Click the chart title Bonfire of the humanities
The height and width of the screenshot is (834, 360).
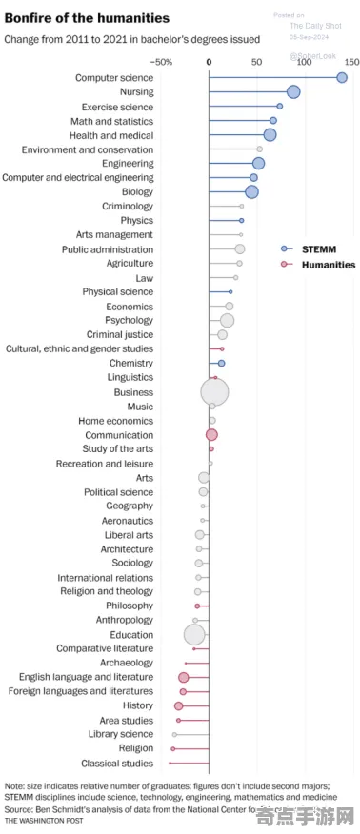point(87,18)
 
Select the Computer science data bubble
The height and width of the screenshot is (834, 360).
point(342,78)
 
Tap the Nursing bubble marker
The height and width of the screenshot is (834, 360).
point(293,92)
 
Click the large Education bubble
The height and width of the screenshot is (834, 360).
point(194,635)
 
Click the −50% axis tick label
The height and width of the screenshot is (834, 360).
point(162,62)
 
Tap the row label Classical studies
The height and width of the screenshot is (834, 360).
point(117,764)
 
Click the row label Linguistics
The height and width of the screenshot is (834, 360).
point(130,378)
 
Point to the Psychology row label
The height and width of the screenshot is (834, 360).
point(129,321)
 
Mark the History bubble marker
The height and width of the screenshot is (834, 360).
point(178,706)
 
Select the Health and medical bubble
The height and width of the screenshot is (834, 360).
point(270,135)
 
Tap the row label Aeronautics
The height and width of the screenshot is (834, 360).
point(128,521)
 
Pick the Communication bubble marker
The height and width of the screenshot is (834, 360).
point(211,435)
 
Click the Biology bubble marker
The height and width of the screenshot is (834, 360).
point(251,192)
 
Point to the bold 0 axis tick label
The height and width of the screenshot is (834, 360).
point(210,62)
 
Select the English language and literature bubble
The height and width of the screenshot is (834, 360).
point(183,678)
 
